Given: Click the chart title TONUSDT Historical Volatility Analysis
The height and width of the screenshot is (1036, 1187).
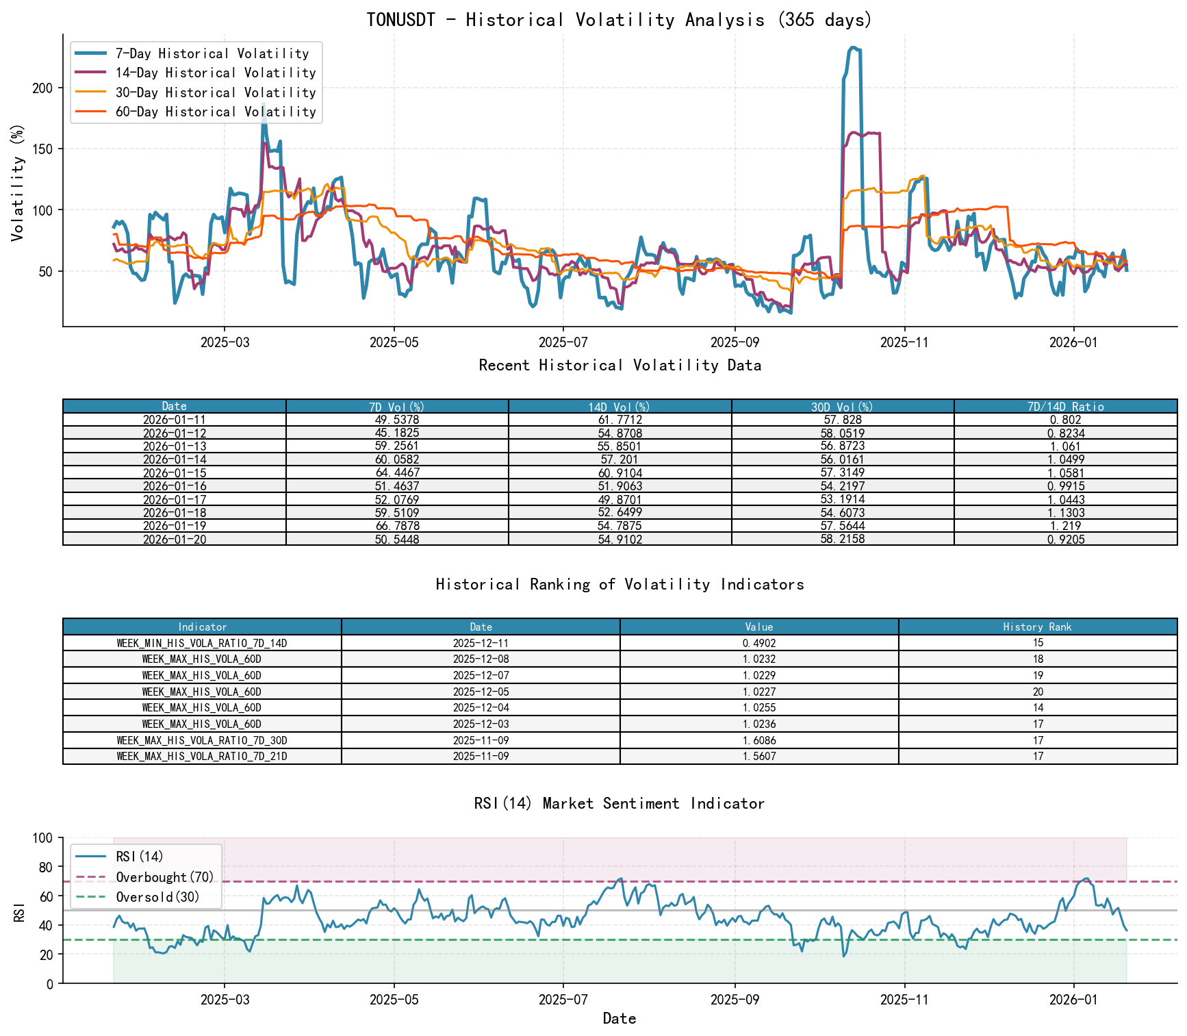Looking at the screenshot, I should [x=620, y=20].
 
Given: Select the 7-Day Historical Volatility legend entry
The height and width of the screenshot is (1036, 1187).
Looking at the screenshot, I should [x=212, y=53].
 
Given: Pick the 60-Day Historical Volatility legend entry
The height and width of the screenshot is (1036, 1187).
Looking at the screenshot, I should [x=215, y=112].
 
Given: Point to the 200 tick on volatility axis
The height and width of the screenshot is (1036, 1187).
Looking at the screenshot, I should [x=42, y=88].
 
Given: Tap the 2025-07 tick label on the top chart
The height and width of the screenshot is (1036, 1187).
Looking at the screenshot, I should [x=563, y=342].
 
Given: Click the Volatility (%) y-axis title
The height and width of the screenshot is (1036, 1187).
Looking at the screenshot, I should [x=18, y=182].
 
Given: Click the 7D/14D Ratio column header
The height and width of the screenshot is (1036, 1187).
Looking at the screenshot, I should [x=1065, y=406].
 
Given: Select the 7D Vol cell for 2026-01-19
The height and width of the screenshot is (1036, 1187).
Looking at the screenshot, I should [x=397, y=526].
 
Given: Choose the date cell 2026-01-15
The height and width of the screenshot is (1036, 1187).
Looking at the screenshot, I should [x=174, y=472].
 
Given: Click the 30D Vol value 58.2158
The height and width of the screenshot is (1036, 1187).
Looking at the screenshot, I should [x=843, y=539].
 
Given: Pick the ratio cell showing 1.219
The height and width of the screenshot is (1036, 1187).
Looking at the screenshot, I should [x=1065, y=526].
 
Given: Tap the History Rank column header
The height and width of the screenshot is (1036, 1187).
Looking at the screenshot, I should [x=1037, y=627].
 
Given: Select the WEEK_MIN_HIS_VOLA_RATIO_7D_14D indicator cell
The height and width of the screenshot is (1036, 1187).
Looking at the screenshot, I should [x=202, y=643].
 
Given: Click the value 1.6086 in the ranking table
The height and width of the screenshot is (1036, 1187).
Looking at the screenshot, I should [x=758, y=740].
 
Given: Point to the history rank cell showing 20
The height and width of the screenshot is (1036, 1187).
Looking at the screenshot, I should [x=1038, y=692].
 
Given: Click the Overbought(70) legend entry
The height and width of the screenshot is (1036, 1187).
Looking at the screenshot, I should [x=164, y=877].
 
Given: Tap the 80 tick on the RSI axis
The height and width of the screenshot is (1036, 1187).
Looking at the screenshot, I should [x=44, y=867].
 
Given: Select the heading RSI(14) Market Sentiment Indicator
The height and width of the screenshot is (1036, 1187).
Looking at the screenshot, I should [x=620, y=803].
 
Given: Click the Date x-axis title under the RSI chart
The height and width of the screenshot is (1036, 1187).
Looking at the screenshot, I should [x=620, y=1018].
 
